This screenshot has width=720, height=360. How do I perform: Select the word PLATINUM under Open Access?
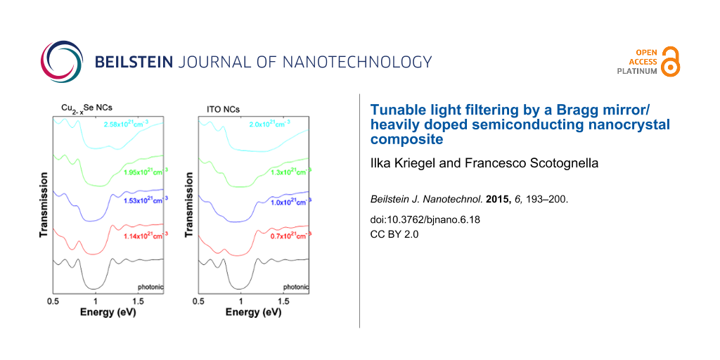coord(637,71)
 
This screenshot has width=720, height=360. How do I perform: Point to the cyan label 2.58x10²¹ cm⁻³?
coord(127,125)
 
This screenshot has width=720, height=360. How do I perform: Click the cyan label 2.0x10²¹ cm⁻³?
coord(271,125)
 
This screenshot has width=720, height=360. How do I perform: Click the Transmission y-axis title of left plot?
coord(43,204)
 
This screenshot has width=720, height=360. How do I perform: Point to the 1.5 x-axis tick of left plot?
coord(138,301)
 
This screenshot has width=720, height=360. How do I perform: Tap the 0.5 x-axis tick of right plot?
coord(198,301)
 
